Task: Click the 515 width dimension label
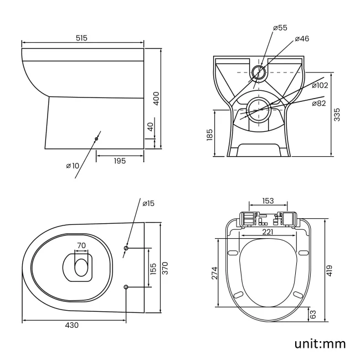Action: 82,38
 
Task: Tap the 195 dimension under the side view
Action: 120,161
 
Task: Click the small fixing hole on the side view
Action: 96,138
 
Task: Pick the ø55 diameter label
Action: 280,28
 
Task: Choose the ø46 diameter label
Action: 302,39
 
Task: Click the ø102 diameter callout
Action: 320,85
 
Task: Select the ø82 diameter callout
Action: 320,104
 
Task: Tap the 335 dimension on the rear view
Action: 337,114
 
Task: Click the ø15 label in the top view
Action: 148,204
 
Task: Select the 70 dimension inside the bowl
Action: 81,245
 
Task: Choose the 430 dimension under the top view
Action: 72,325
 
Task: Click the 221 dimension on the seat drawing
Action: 268,232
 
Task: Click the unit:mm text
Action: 320,343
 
